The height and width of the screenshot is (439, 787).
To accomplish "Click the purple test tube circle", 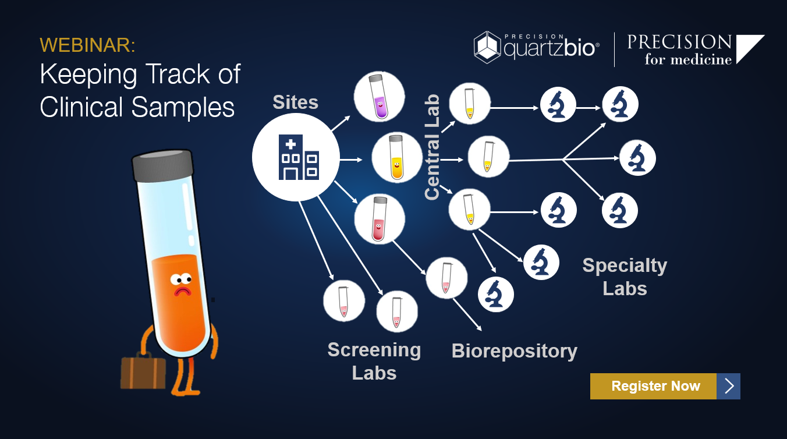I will (x=380, y=97).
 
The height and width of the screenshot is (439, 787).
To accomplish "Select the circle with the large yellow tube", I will (x=396, y=157).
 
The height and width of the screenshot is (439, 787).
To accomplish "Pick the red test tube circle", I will (x=379, y=218).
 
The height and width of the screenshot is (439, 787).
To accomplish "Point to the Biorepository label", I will (x=515, y=351).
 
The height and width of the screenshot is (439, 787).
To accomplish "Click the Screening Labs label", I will (x=374, y=361).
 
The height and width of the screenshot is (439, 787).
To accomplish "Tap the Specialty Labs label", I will (x=625, y=277).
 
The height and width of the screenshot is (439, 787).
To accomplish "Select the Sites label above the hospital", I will (x=296, y=102).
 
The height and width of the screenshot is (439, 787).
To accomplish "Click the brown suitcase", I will (x=143, y=371).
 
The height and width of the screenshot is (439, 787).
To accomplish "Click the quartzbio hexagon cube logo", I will (x=487, y=47).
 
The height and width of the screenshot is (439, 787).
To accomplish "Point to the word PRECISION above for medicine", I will (x=679, y=42).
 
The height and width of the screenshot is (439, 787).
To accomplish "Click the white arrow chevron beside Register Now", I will (x=729, y=386).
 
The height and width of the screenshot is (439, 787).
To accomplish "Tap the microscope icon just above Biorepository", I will (x=496, y=294).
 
